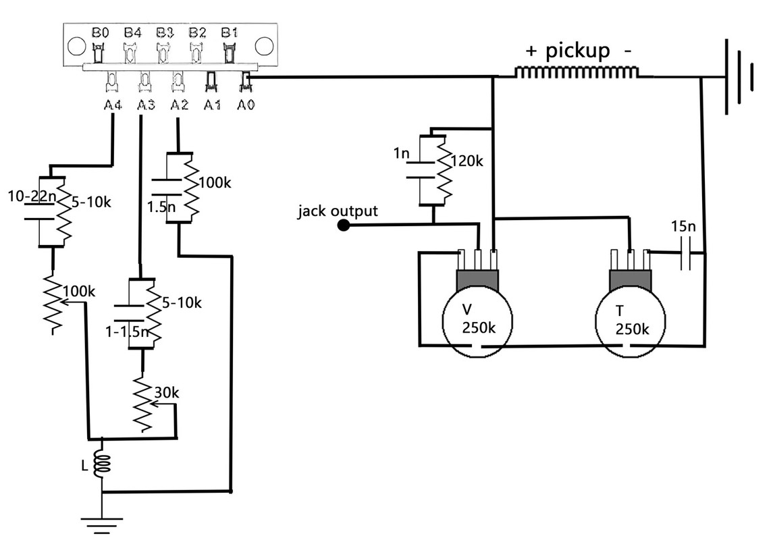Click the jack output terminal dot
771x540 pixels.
[343, 225]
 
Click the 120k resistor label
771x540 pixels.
[467, 161]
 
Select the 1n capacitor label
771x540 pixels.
[401, 153]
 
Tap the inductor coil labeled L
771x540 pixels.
[103, 464]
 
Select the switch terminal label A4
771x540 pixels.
[111, 105]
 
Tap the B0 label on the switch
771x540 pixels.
[100, 32]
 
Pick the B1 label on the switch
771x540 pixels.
[230, 32]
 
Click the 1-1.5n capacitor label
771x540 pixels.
[128, 331]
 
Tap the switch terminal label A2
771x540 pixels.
[179, 105]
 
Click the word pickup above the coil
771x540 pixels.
[578, 50]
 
